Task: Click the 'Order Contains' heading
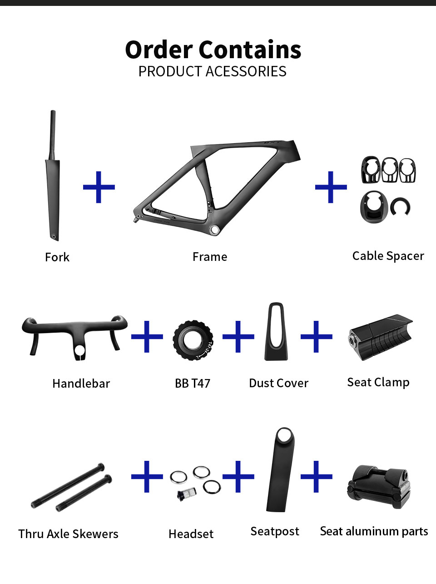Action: coord(213,50)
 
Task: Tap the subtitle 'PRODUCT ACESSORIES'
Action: coord(212,71)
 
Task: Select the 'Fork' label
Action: coord(57,257)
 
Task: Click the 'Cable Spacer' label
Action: coord(388,256)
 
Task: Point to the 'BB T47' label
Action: coord(193,384)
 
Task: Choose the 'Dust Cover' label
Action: coord(278,384)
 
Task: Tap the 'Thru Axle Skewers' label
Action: coord(68,534)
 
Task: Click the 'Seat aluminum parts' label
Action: coord(374,531)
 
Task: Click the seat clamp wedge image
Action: coord(380,337)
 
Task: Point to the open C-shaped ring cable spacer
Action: coord(401,207)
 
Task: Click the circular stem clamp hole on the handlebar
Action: coord(80,350)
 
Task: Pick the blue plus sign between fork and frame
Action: coord(99,187)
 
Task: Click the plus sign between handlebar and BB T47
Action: coord(147,337)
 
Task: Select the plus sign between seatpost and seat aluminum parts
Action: coord(316,476)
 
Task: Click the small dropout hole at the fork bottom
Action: coord(54,237)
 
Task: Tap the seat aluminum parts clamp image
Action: coord(379,487)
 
